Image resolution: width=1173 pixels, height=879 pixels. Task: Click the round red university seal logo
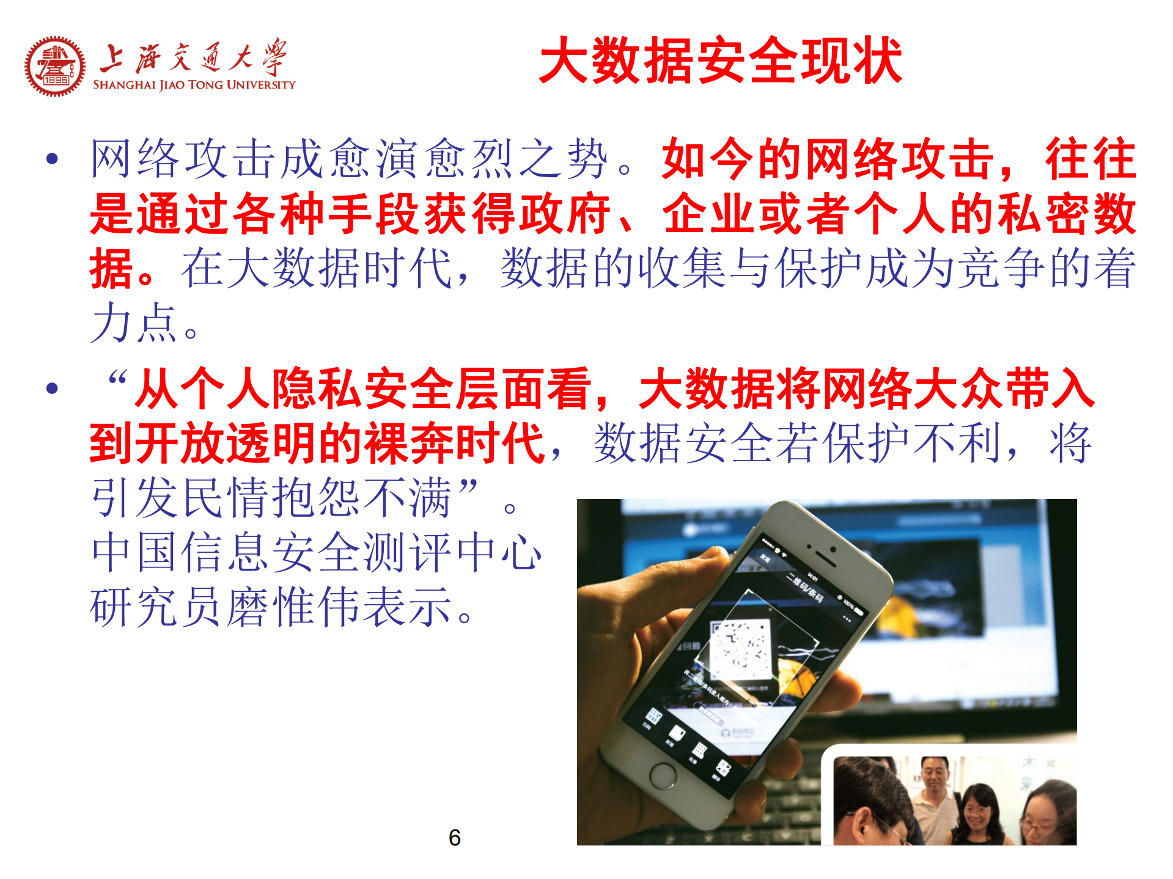(x=55, y=66)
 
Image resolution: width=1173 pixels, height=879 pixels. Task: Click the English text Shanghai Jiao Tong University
(x=194, y=85)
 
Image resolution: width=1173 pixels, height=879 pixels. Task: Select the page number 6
(x=454, y=837)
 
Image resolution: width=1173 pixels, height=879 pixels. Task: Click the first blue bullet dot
(x=53, y=159)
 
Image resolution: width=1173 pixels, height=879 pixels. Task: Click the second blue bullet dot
(x=53, y=388)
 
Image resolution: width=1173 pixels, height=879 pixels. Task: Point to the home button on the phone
(x=663, y=775)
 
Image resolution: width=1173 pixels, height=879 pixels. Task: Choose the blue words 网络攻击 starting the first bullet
(x=183, y=159)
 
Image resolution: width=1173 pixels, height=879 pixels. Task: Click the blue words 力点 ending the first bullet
(x=134, y=323)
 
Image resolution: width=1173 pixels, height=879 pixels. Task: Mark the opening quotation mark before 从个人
(x=117, y=380)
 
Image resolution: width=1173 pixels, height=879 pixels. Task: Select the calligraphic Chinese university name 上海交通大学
(x=193, y=58)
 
